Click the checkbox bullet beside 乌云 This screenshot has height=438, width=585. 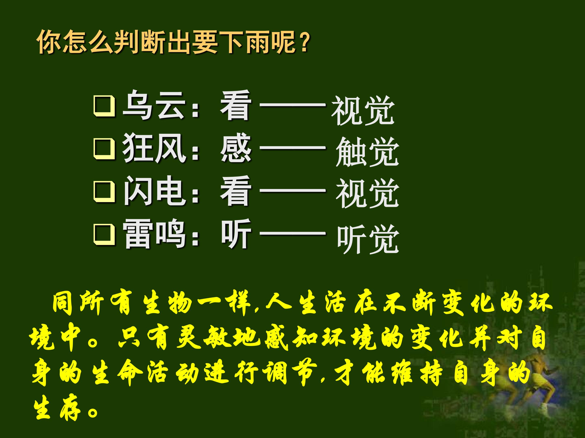(x=104, y=107)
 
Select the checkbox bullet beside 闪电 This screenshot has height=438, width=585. (x=104, y=192)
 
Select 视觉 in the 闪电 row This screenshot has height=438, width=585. (x=367, y=193)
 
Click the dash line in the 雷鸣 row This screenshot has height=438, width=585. (x=292, y=233)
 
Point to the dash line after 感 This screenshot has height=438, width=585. (x=292, y=148)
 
